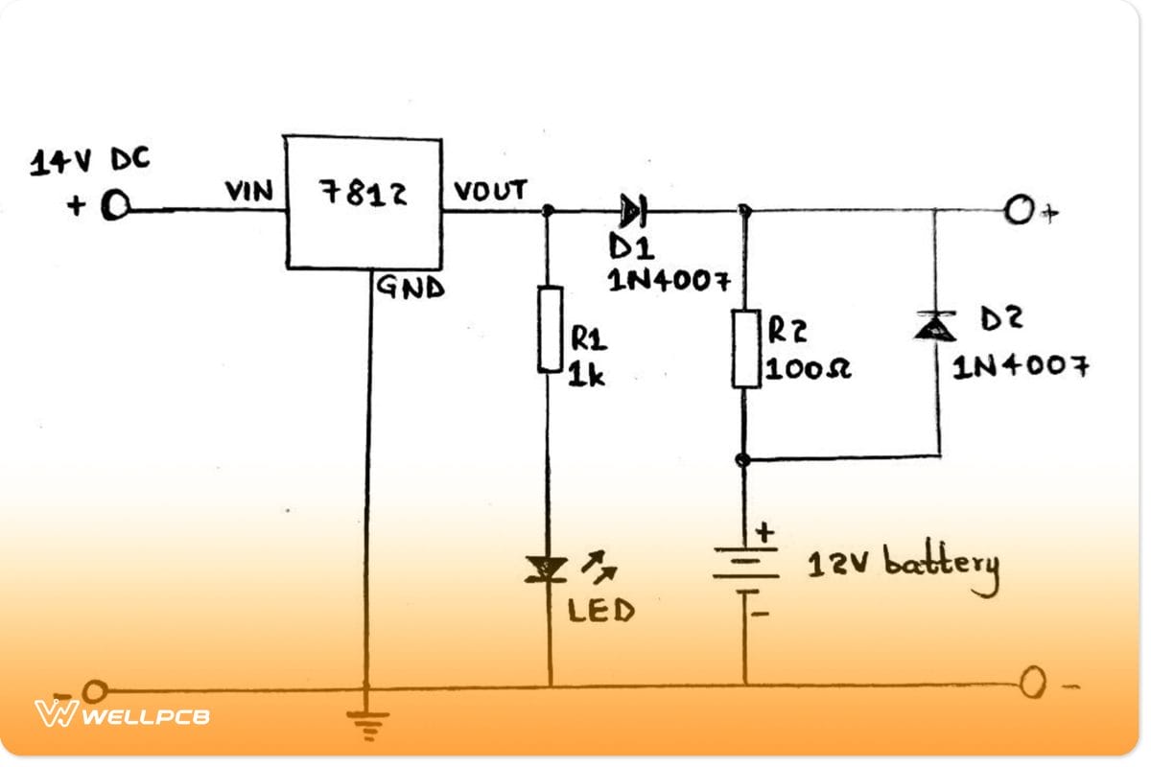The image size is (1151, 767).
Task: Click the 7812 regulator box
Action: point(363,202)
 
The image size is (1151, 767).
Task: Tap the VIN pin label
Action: point(249,192)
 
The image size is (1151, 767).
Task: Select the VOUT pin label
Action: point(490,191)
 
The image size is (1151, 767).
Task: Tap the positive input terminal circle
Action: point(114,207)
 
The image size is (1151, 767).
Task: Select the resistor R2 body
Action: point(746,348)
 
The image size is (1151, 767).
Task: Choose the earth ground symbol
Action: point(364,724)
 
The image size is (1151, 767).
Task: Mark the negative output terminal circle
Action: point(1033,685)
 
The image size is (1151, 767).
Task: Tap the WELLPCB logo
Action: point(122,714)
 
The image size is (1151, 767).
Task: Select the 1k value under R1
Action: point(587,375)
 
